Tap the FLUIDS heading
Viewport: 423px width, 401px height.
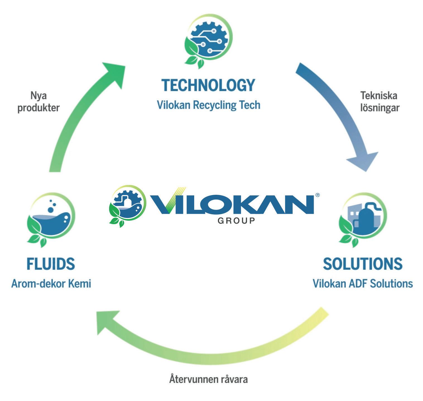[51, 264]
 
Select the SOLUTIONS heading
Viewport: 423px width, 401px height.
[362, 264]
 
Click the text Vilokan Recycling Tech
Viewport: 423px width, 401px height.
[208, 105]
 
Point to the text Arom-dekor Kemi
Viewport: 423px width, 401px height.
[51, 284]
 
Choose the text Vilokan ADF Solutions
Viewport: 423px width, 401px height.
[362, 284]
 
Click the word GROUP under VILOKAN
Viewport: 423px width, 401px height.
[236, 221]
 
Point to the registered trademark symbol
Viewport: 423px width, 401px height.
[317, 195]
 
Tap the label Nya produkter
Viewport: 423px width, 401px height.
[39, 102]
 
